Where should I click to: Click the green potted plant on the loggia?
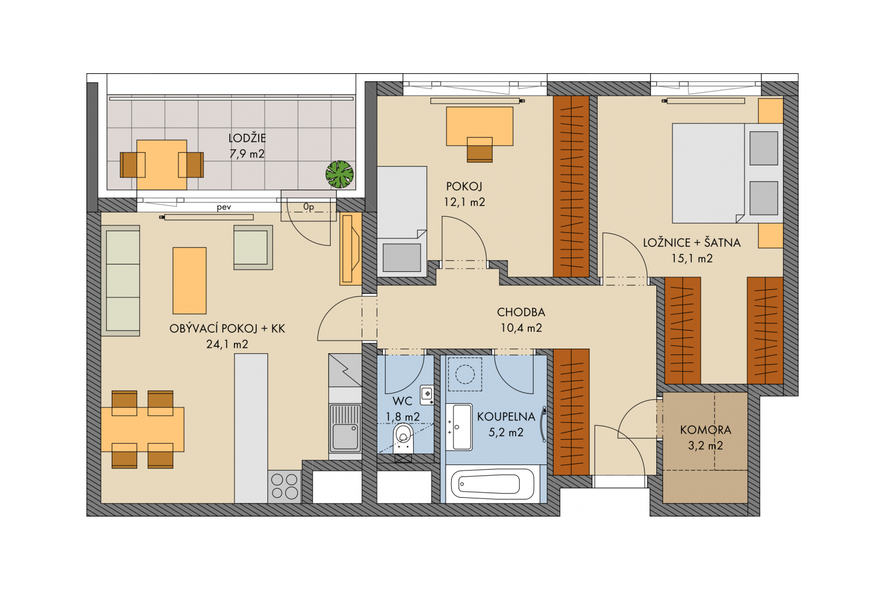(x=339, y=174)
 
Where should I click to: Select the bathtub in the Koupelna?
(x=492, y=484)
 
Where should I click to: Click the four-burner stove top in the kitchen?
(x=285, y=486)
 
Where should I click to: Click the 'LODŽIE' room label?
(x=247, y=138)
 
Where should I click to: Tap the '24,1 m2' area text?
(x=227, y=344)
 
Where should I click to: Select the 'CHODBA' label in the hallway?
(x=521, y=312)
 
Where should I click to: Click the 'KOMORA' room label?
(x=706, y=430)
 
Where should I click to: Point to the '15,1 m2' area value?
(x=692, y=259)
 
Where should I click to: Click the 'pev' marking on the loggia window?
(x=224, y=207)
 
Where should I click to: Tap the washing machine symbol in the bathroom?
(x=465, y=374)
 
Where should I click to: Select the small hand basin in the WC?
(x=427, y=395)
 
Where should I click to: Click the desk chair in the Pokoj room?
(x=479, y=150)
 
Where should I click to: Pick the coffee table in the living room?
(x=190, y=281)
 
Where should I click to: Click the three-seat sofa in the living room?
(x=121, y=281)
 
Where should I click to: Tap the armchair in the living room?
(x=253, y=247)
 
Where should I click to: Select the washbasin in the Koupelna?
(x=459, y=427)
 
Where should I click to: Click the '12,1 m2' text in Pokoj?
(x=464, y=202)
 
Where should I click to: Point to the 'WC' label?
(x=403, y=401)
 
